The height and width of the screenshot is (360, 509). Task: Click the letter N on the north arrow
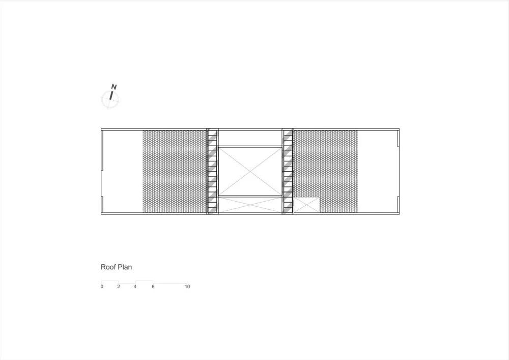(114, 87)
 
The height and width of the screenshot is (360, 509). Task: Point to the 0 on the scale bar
(102, 287)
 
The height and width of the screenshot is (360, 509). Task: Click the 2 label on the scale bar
(119, 287)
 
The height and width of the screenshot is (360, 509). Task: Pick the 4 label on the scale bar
(135, 287)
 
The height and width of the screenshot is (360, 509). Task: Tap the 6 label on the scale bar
(153, 287)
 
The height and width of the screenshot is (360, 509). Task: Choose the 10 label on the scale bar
(187, 287)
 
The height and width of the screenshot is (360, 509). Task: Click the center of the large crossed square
(250, 172)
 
